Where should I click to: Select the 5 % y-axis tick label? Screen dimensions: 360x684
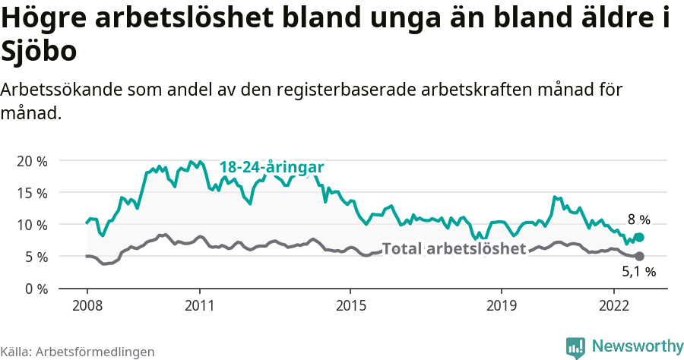(34, 257)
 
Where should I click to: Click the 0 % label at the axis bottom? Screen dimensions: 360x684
(34, 289)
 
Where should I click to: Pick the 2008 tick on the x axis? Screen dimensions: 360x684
(87, 305)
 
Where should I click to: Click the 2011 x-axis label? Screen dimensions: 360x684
(199, 305)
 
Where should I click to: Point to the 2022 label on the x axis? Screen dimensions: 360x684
(614, 305)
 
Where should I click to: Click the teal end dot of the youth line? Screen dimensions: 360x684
(639, 237)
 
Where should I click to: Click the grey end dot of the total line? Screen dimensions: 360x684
(639, 256)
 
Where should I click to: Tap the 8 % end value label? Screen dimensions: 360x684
(638, 220)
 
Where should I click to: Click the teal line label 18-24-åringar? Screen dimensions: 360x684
(272, 167)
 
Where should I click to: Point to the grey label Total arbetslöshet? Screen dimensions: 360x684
(454, 248)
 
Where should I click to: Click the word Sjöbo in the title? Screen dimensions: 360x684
(39, 52)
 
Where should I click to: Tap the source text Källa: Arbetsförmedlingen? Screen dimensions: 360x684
(78, 352)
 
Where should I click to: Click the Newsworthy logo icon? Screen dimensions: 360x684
(576, 347)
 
